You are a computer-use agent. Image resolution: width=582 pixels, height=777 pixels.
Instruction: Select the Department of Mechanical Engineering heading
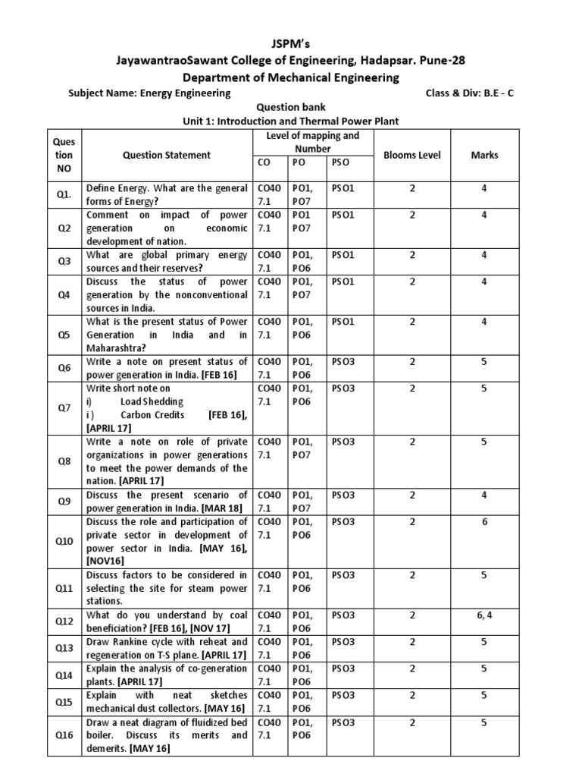pos(291,77)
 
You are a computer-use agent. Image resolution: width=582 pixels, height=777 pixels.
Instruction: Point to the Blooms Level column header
pos(412,155)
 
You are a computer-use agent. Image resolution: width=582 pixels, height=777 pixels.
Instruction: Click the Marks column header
pos(484,155)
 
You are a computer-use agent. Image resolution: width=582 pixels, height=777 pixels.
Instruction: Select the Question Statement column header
pos(167,155)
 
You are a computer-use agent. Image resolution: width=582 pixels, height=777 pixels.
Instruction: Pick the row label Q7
pos(64,407)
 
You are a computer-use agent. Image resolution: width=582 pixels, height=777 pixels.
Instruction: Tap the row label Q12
pos(64,621)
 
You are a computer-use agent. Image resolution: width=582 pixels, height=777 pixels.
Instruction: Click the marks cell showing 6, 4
pos(484,615)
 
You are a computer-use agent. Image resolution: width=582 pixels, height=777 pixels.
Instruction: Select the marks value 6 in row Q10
pos(484,522)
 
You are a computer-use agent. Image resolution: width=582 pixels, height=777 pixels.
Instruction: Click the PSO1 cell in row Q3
pos(343,255)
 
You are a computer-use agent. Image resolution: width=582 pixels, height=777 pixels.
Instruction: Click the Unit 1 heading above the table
pos(291,121)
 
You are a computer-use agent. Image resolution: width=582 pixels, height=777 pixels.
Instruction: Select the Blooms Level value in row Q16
pos(412,723)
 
